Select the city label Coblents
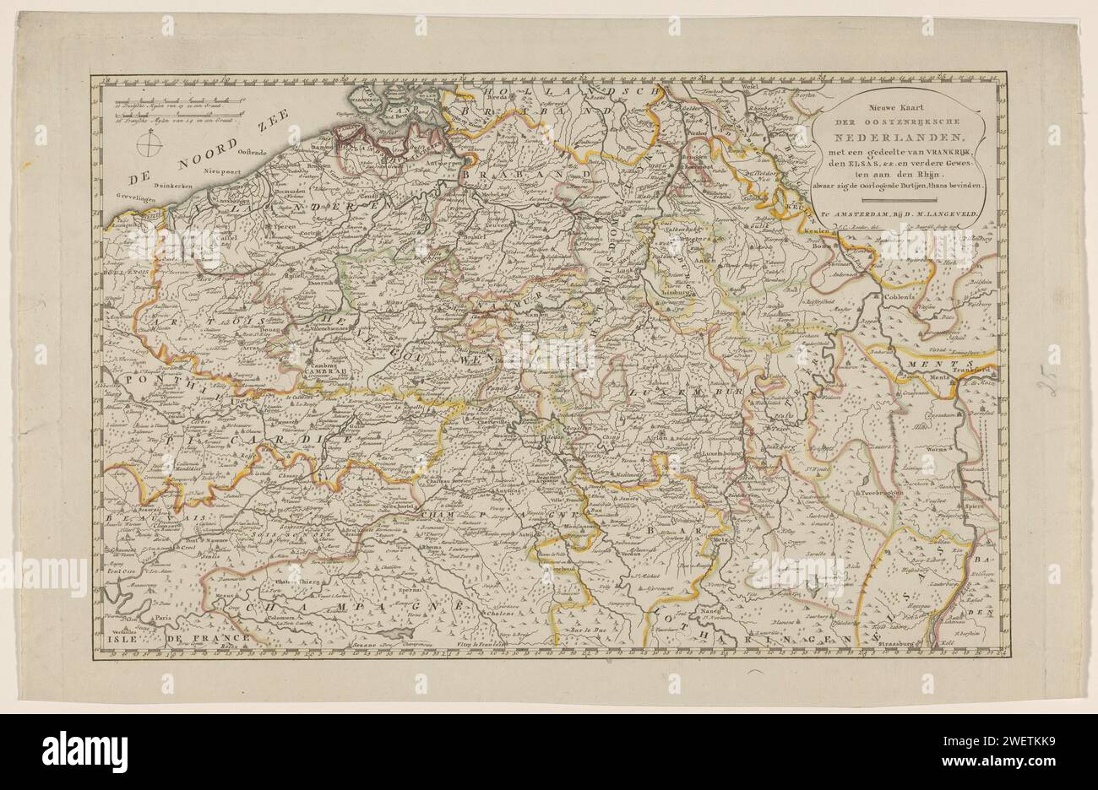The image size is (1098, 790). pyautogui.click(x=897, y=296)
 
